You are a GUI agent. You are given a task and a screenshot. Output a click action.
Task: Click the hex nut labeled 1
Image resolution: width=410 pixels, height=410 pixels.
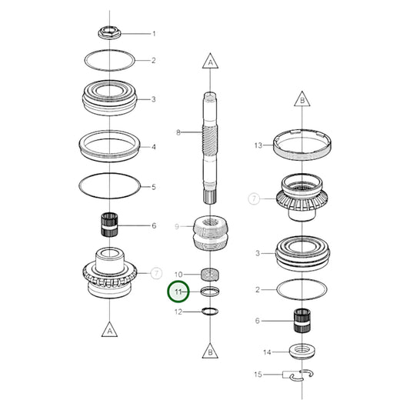(108, 33)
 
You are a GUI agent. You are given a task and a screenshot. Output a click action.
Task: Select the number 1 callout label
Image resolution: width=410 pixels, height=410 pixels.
(153, 34)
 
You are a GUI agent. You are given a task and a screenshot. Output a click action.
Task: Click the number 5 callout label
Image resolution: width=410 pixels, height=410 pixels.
(153, 186)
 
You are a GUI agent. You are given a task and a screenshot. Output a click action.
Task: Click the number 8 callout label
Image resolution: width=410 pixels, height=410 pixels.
(178, 132)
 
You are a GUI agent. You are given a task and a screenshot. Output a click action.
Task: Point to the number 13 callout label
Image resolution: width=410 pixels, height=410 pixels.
(258, 145)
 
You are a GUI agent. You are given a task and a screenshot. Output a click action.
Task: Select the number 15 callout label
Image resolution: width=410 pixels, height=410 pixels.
(258, 375)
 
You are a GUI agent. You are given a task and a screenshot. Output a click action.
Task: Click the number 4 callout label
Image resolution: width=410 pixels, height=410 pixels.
(153, 146)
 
